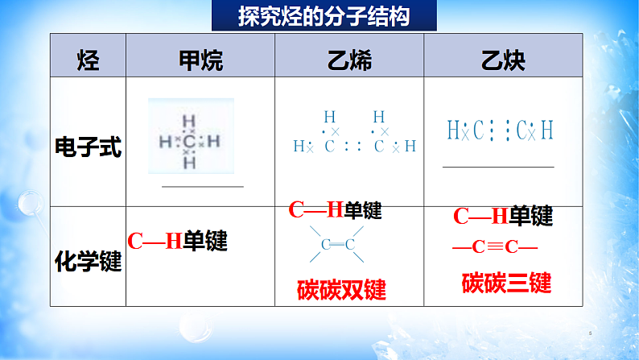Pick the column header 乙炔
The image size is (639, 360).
pos(504,59)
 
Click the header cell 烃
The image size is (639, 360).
pos(89,59)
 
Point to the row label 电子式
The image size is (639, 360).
pos(89,146)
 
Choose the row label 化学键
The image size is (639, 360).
pos(89,261)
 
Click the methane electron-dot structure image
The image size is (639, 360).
pos(191,139)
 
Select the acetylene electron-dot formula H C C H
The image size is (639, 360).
pos(500,130)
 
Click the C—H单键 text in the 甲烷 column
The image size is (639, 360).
pos(177,241)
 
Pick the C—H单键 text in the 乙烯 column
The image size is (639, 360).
pos(335,211)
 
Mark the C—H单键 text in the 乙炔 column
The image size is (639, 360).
pos(503,216)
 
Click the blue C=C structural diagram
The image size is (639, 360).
pos(337,245)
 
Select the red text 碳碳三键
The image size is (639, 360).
pos(506,283)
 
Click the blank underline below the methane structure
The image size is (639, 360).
pos(202,186)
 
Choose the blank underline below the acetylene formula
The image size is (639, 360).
pos(498,167)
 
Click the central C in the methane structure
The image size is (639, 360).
pos(190,142)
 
